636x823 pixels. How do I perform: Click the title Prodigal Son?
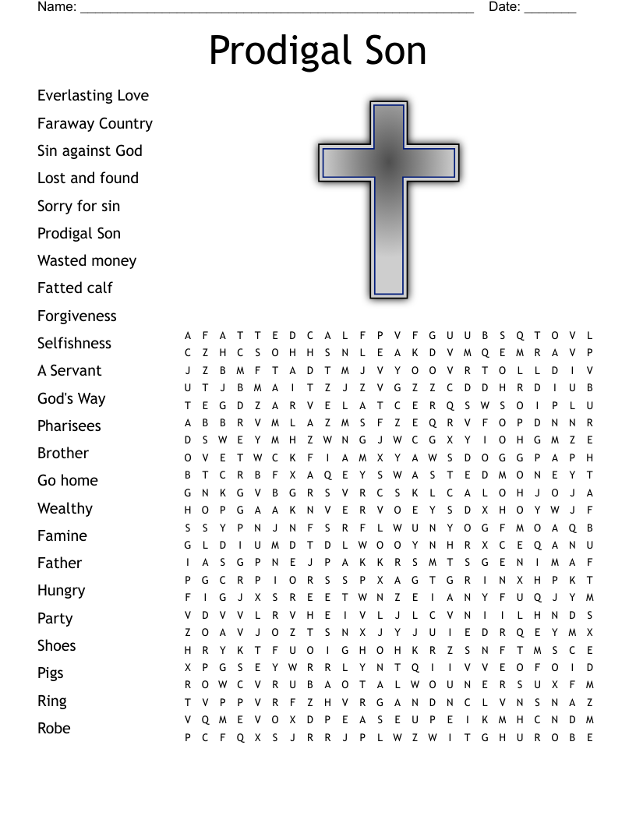click(318, 51)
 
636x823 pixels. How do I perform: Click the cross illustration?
click(388, 199)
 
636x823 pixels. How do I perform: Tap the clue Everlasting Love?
click(93, 96)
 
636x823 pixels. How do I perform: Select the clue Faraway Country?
click(95, 123)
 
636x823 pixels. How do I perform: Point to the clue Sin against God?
click(90, 150)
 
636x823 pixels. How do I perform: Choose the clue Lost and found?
click(88, 178)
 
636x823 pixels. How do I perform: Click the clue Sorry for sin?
click(79, 206)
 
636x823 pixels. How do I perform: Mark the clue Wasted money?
click(87, 260)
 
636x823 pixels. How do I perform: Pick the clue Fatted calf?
click(75, 288)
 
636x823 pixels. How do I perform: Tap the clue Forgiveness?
click(77, 316)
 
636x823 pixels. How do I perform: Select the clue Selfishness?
click(74, 343)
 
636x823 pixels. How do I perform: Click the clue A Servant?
click(69, 370)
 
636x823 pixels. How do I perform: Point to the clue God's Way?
click(71, 398)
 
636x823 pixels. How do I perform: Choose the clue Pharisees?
click(69, 426)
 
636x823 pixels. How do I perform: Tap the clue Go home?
click(68, 480)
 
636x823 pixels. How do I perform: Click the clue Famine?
click(62, 535)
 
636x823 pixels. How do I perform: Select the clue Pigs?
click(51, 673)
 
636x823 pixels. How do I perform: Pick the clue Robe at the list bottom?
click(54, 728)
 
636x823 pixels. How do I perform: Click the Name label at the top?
click(57, 7)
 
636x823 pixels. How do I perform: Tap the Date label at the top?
click(504, 7)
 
